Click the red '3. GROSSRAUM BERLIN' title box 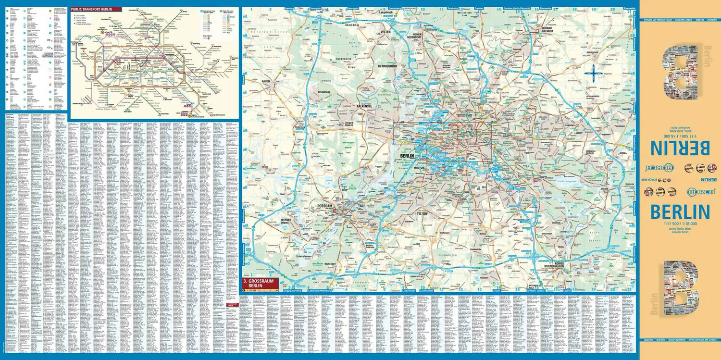click(x=260, y=283)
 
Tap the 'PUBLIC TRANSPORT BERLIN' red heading click(x=96, y=9)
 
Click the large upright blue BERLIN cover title click(x=680, y=212)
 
